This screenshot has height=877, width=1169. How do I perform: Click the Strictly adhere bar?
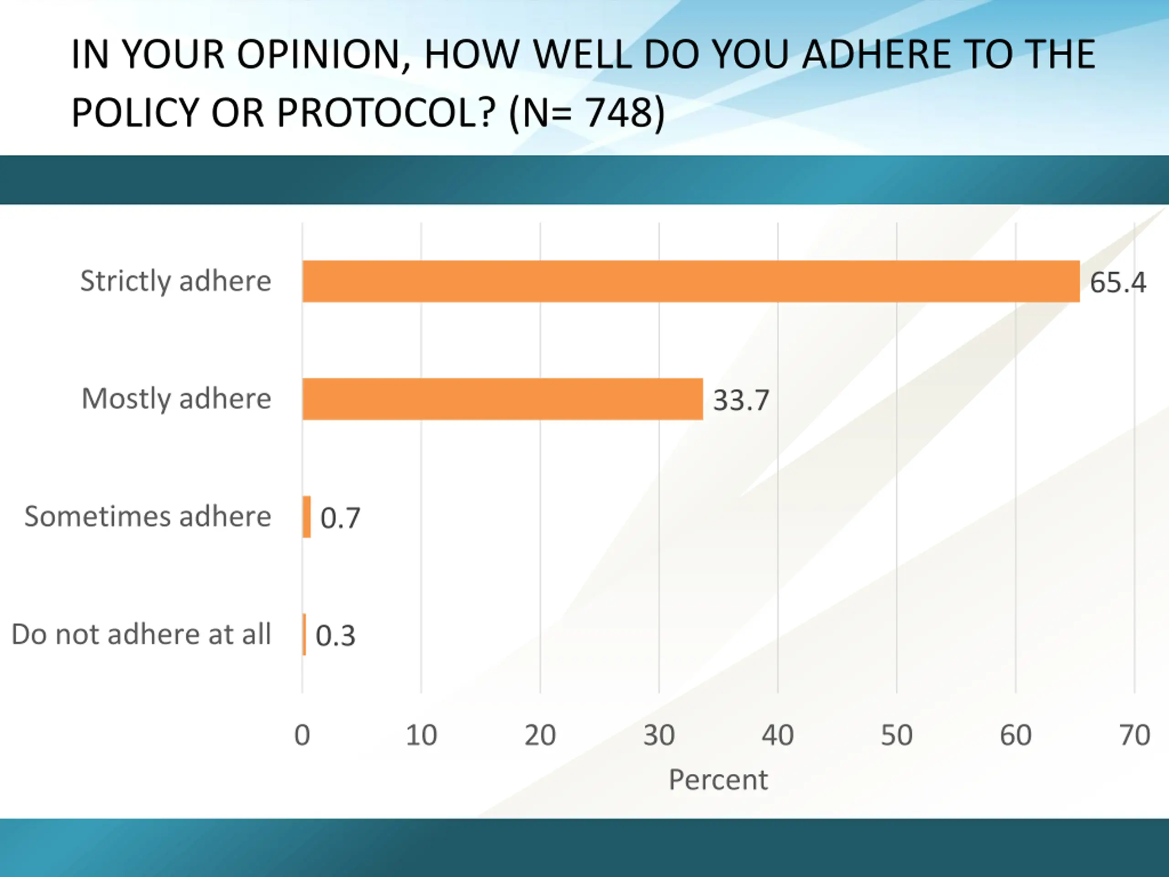pyautogui.click(x=691, y=281)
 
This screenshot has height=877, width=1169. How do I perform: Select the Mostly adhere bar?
pyautogui.click(x=502, y=399)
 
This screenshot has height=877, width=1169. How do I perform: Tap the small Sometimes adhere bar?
pyautogui.click(x=306, y=517)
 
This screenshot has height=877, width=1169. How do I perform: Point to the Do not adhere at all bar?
pyautogui.click(x=305, y=634)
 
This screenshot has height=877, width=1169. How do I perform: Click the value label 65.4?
pyautogui.click(x=1118, y=282)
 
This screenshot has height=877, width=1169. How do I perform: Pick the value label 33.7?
pyautogui.click(x=741, y=400)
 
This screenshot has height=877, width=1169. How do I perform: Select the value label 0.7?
pyautogui.click(x=340, y=518)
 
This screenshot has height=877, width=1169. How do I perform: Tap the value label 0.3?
pyautogui.click(x=336, y=635)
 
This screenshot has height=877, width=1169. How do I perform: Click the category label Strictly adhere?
pyautogui.click(x=175, y=281)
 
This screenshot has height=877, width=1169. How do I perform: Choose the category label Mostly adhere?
pyautogui.click(x=177, y=399)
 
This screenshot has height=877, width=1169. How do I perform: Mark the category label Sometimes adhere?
pyautogui.click(x=148, y=517)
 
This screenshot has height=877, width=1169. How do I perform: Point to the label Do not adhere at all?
pyautogui.click(x=141, y=634)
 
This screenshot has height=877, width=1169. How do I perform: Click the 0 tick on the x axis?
pyautogui.click(x=302, y=735)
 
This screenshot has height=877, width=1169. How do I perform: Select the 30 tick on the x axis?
pyautogui.click(x=659, y=735)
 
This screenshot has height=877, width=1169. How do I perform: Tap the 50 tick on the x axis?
pyautogui.click(x=897, y=735)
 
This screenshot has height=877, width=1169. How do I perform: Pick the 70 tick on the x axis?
pyautogui.click(x=1135, y=735)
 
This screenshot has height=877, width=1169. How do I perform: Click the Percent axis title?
pyautogui.click(x=718, y=780)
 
